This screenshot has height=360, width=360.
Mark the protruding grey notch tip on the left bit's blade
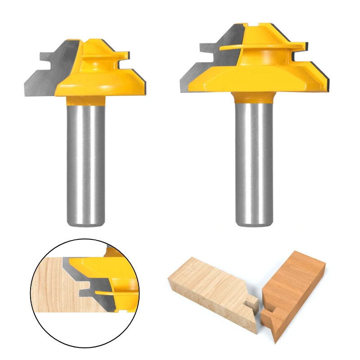point(43,58)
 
